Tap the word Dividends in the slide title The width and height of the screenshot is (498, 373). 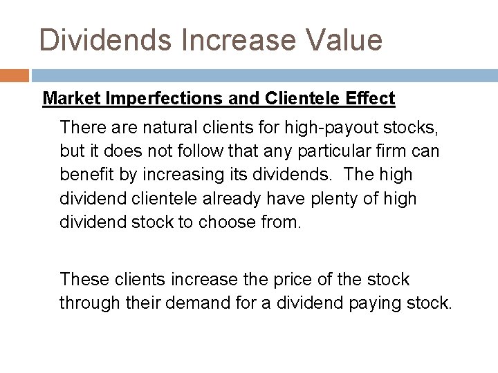click(104, 39)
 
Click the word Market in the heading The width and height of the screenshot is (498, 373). click(72, 99)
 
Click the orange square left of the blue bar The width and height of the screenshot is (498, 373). click(14, 74)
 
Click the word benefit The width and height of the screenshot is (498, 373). click(85, 174)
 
